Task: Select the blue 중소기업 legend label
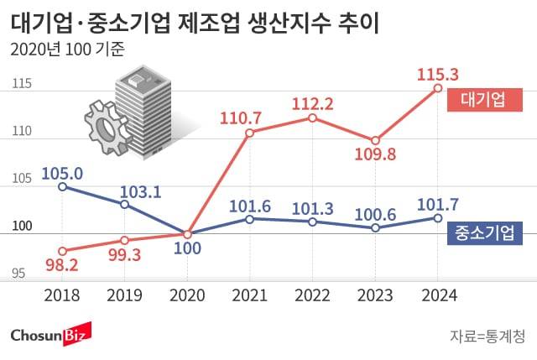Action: coord(483,232)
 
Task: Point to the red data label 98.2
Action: coord(62,267)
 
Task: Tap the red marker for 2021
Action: coord(250,133)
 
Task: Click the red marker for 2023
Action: coord(375,140)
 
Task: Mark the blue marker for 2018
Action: coord(62,186)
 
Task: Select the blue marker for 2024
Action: coord(437,217)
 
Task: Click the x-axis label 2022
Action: coord(312,295)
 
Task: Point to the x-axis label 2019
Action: coord(124,295)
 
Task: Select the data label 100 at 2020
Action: coord(187,250)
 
